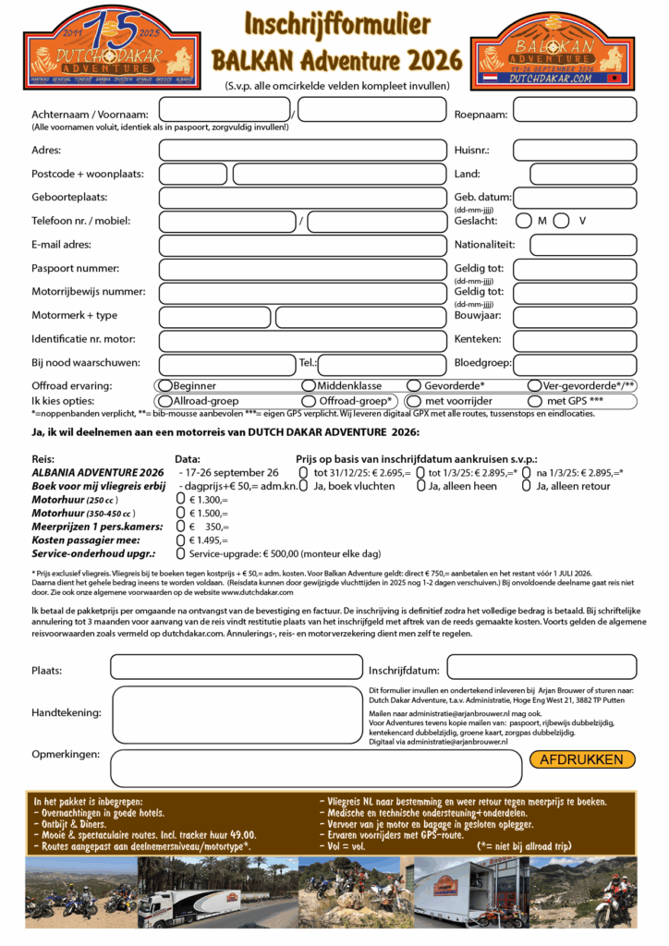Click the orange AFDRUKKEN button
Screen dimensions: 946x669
coord(582,759)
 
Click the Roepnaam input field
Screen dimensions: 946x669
coord(574,110)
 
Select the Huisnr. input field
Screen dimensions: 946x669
coord(574,150)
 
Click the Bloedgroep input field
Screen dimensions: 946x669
coord(574,364)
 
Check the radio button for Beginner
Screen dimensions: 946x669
coord(164,385)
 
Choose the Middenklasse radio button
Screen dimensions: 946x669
coord(309,385)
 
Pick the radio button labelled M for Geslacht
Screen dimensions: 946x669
coord(524,221)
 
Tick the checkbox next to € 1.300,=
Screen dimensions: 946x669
coord(181,499)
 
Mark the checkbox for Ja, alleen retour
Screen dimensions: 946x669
coord(527,486)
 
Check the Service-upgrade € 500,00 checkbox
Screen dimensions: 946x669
coord(181,552)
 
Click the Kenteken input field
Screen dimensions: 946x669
coord(574,340)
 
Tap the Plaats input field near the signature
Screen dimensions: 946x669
coord(237,666)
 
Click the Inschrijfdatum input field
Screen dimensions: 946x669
coord(541,666)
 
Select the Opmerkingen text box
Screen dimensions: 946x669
coord(314,768)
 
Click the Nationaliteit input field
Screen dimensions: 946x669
coord(582,245)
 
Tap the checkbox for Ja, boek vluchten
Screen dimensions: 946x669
coord(303,486)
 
